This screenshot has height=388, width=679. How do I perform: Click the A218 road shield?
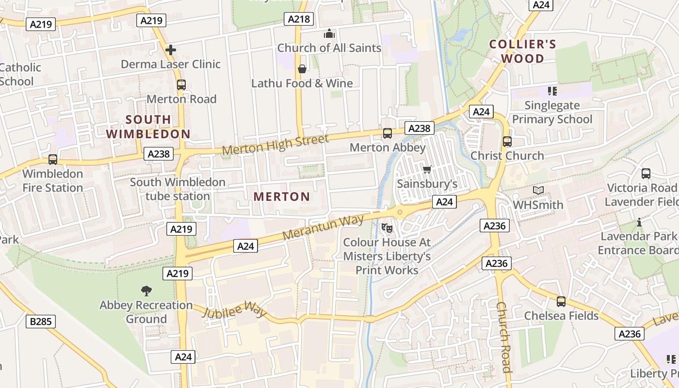coord(298,19)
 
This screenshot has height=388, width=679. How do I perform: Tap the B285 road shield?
coord(41,321)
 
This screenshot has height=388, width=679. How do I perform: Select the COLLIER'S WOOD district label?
coord(522,51)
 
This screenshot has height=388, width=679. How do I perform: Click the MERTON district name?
coord(282,196)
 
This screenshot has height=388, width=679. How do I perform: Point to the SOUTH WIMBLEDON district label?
coord(148,127)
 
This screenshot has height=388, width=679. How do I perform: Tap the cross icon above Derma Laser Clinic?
coord(171,49)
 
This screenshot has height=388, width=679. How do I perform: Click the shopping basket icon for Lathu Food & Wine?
coord(302,69)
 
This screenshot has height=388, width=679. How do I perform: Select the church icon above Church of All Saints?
coord(329,34)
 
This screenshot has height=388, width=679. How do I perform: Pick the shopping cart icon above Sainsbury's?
coord(427,169)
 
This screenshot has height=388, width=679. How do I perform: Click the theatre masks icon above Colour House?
coord(387,227)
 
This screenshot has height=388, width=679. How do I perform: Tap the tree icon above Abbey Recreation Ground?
coord(146,291)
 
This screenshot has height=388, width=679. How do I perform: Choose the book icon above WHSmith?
coord(538,190)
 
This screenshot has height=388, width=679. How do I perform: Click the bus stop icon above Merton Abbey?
coord(387,133)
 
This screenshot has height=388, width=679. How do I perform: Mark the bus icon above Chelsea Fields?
coord(561,301)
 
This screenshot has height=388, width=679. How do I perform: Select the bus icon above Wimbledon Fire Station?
coord(52,159)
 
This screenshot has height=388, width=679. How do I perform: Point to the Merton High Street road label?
coord(275,145)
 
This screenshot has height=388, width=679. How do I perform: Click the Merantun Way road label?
coord(323,227)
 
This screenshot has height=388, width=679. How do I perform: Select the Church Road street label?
coord(503,337)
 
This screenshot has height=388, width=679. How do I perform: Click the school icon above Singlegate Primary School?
coord(552,91)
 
